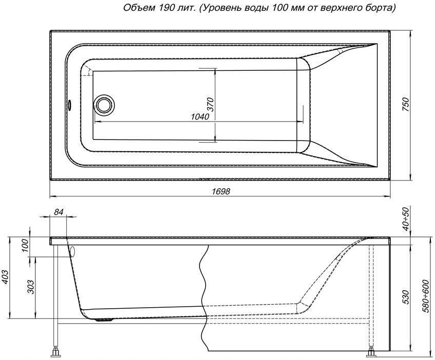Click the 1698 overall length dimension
pyautogui.click(x=221, y=191)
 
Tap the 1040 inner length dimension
pyautogui.click(x=200, y=117)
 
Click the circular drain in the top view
pyautogui.click(x=104, y=104)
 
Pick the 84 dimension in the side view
pyautogui.click(x=58, y=212)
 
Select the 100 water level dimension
pyautogui.click(x=24, y=246)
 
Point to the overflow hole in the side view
pyautogui.click(x=72, y=252)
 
